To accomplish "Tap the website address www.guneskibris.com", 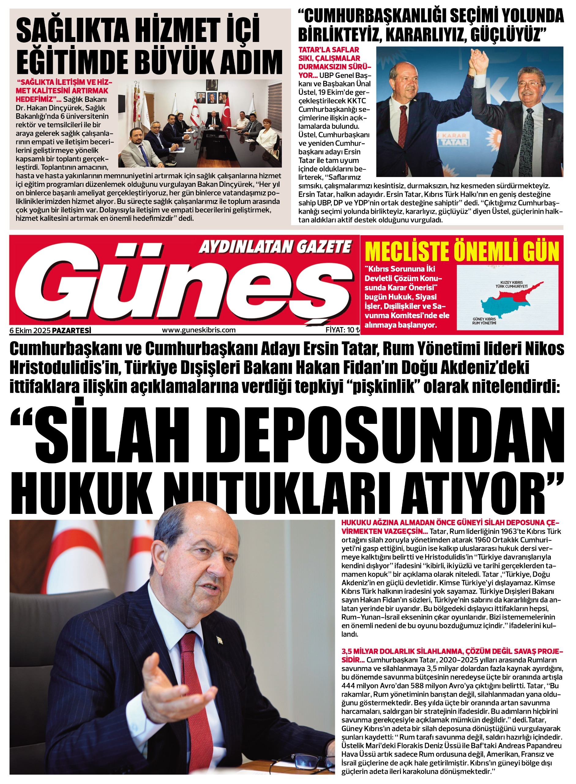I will [x=199, y=330].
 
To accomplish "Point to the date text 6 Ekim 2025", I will [x=30, y=330].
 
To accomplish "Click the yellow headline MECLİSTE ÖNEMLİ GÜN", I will [x=462, y=251].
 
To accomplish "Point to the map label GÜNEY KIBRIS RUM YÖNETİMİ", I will [x=484, y=321].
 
